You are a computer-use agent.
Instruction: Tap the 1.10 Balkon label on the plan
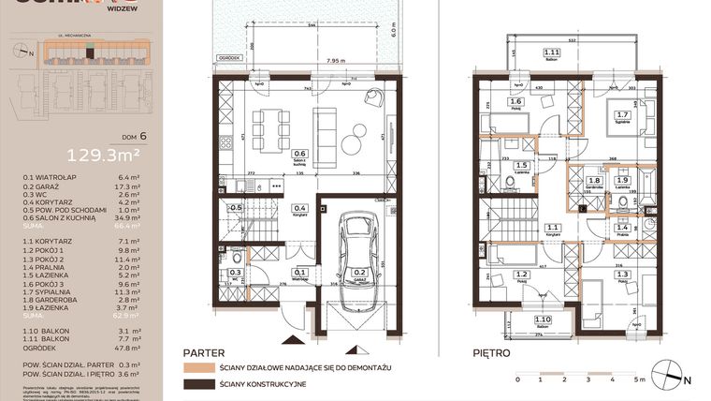[x=541, y=321]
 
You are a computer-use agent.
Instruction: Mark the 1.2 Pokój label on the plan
[x=521, y=275]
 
